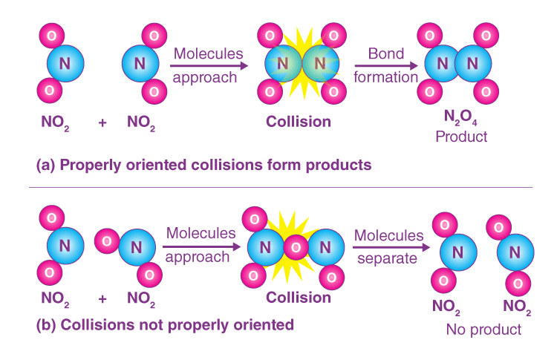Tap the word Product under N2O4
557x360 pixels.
pyautogui.click(x=461, y=137)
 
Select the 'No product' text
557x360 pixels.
pyautogui.click(x=483, y=329)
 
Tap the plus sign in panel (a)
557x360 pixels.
pyautogui.click(x=102, y=121)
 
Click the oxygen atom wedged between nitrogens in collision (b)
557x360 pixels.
pyautogui.click(x=295, y=246)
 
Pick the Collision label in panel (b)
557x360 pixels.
pyautogui.click(x=298, y=298)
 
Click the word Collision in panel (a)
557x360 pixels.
pyautogui.click(x=298, y=121)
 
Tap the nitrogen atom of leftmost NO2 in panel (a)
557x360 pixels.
pyautogui.click(x=65, y=65)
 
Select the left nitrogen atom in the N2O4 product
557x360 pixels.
pyautogui.click(x=443, y=65)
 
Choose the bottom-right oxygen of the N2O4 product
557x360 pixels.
pyautogui.click(x=486, y=93)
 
